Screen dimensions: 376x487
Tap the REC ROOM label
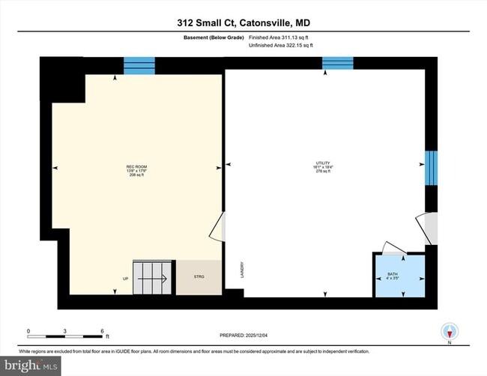point(135,169)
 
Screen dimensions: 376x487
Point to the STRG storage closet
point(199,277)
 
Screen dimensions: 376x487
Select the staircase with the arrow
point(154,278)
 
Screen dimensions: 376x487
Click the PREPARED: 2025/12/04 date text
point(243,334)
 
